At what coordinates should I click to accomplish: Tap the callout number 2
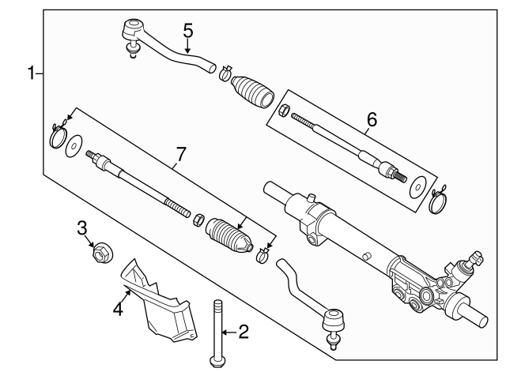click(x=243, y=332)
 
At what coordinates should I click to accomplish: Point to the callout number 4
click(x=117, y=306)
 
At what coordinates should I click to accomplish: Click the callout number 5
click(x=188, y=31)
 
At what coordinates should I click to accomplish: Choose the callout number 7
click(x=181, y=154)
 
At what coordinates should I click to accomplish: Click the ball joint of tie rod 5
click(x=130, y=36)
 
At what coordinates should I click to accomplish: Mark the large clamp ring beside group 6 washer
click(x=436, y=204)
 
